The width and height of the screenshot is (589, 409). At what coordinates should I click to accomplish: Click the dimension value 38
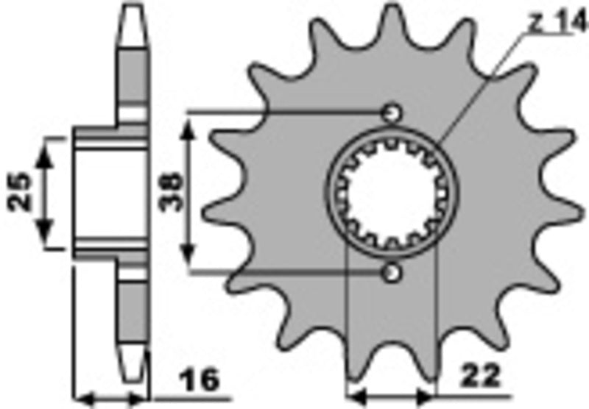click(169, 193)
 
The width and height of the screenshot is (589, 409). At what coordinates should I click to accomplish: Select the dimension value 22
click(481, 377)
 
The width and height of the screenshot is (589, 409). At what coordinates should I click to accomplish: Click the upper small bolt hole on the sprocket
click(392, 113)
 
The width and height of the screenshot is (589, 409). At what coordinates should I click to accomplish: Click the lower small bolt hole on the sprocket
click(392, 273)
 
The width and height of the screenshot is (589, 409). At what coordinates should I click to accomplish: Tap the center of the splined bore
click(392, 193)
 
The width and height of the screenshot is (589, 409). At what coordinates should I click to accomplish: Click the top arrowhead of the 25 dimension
click(46, 151)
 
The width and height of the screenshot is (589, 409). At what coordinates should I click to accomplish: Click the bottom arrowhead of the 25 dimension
click(46, 237)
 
